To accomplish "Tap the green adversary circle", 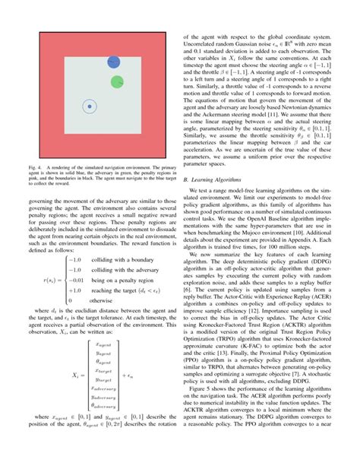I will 118,81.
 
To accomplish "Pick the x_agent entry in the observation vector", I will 102,343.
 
